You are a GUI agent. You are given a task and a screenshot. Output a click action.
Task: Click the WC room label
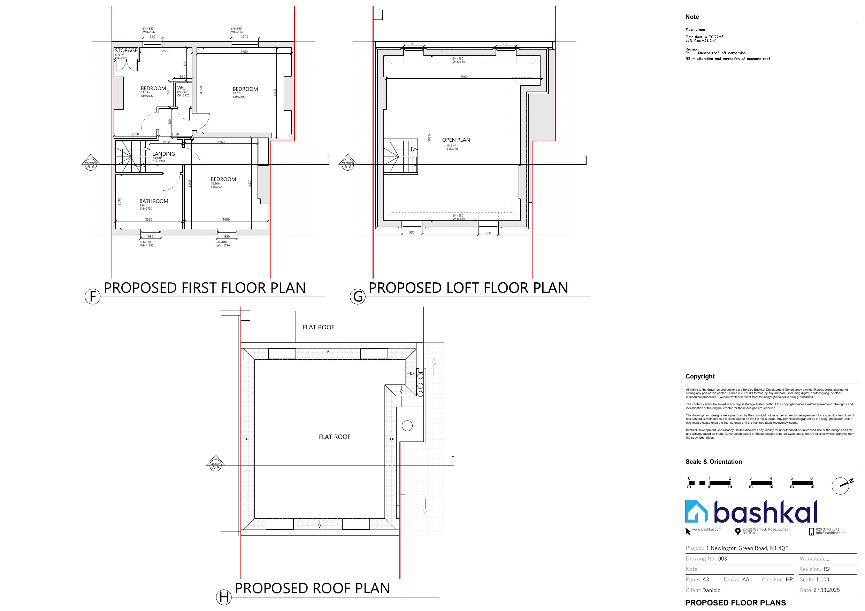(181, 88)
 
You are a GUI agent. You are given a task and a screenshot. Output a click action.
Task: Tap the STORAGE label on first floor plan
(126, 50)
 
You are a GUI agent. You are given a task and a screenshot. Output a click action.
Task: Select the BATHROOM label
(154, 201)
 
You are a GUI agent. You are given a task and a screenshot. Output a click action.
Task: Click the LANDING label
(163, 154)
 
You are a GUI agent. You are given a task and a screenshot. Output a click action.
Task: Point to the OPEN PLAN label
(456, 140)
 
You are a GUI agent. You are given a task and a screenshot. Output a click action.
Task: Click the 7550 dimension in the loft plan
(464, 77)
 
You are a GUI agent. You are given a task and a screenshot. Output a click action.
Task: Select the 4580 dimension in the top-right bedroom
(244, 52)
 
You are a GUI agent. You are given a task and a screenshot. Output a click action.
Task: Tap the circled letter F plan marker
(93, 297)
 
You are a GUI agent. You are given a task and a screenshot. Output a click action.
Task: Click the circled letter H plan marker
(223, 597)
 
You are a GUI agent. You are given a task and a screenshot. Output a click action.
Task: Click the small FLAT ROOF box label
(318, 327)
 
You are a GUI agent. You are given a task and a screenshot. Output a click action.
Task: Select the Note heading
(692, 17)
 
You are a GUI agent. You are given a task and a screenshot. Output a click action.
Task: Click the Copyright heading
(699, 376)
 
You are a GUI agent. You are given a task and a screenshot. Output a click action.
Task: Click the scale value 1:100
(822, 579)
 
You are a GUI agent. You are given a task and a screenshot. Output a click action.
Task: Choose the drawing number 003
(722, 559)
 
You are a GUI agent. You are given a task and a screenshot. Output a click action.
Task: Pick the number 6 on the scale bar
(811, 478)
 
